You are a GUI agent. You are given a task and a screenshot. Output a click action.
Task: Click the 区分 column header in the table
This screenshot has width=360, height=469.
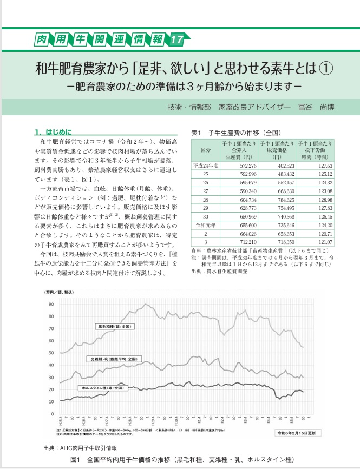205,149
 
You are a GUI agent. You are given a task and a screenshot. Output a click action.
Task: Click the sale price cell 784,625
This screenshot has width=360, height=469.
276,199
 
